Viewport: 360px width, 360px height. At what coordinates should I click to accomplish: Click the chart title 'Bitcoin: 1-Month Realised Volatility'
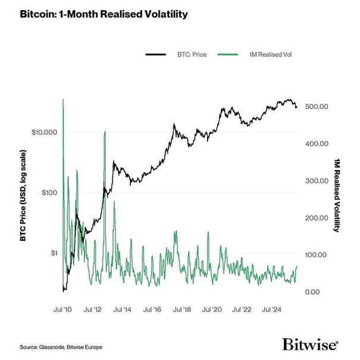click(95, 13)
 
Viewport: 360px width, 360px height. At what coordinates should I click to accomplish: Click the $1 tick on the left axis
click(52, 253)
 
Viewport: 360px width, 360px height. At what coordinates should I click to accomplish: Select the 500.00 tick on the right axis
click(316, 107)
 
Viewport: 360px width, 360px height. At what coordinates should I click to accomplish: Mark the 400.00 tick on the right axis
click(316, 144)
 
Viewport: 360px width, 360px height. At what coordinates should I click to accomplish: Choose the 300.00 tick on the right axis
click(316, 181)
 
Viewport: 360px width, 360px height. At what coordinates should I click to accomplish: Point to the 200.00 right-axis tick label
click(316, 218)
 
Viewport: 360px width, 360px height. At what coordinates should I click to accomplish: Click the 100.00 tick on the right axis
click(316, 255)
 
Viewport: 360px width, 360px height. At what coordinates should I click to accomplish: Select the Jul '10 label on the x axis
click(64, 310)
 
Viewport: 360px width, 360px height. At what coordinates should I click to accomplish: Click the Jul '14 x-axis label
click(123, 310)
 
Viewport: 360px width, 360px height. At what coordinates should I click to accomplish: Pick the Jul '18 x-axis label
click(182, 310)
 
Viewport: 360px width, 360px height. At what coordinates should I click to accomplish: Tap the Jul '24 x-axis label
click(271, 310)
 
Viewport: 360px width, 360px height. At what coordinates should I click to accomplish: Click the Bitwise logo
click(310, 345)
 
